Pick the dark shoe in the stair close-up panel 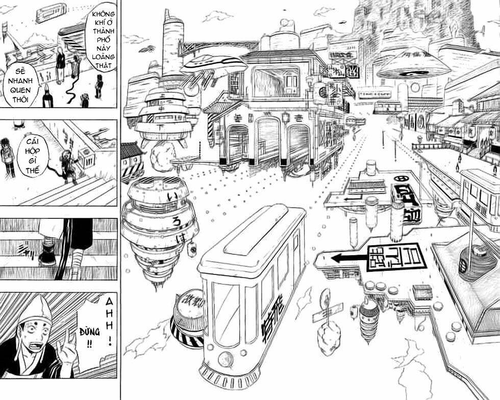46,255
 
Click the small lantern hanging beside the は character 192,249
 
